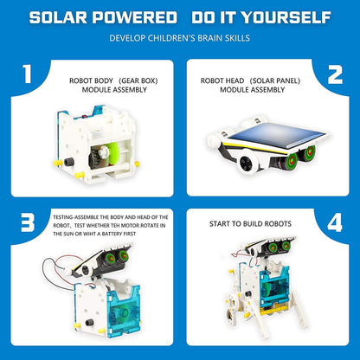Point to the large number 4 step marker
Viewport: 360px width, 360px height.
(334, 222)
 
